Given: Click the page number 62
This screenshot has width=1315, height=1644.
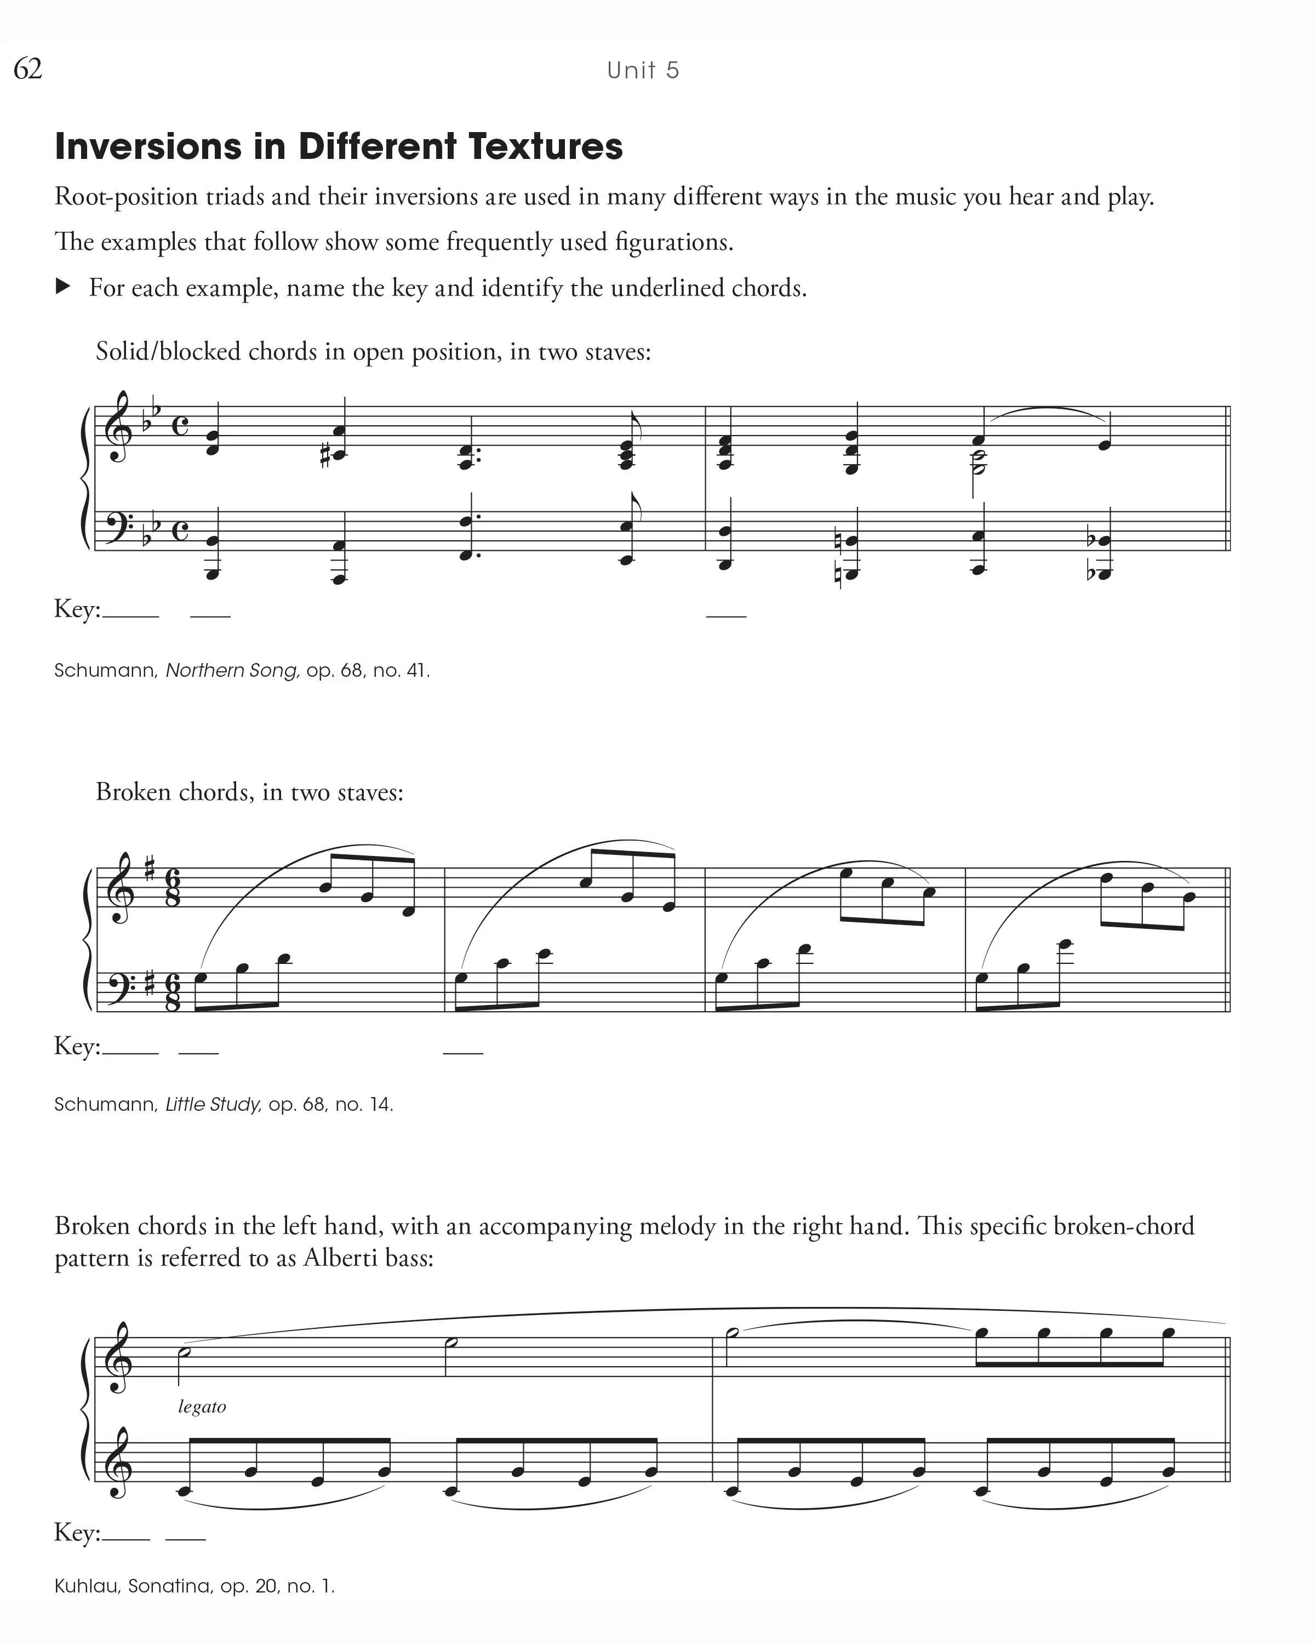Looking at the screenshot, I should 28,70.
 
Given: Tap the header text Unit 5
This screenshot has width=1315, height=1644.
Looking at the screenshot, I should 643,71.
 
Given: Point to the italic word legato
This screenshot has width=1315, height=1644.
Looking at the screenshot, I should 202,1406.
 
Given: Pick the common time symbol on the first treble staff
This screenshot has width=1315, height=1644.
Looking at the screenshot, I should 180,425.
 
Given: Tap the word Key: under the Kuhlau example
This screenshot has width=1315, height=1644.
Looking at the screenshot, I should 77,1533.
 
